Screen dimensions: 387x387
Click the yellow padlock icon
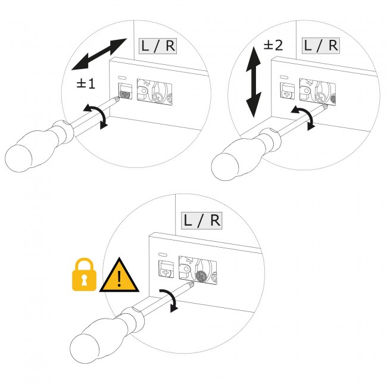pos(84,274)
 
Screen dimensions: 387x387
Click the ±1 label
pos(86,84)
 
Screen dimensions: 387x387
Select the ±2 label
pos(273,45)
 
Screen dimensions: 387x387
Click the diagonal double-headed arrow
pos(99,54)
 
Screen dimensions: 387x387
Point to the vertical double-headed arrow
pos(253,82)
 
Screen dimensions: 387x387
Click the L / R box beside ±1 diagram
pos(158,46)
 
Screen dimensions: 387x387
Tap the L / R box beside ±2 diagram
pos(321,46)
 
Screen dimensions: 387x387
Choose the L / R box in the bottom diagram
pos(202,220)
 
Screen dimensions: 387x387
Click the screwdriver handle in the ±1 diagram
pos(37,146)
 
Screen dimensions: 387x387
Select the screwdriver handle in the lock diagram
pos(105,335)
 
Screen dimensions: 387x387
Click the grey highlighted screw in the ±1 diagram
pos(125,94)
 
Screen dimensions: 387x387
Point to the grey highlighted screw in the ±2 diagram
pos(333,99)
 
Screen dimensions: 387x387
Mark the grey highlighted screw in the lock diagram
pos(201,276)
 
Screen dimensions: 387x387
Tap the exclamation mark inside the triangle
pos(119,279)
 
